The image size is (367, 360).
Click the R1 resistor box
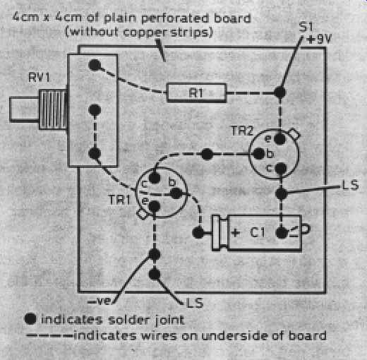coord(196,93)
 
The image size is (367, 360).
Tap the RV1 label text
coord(39,78)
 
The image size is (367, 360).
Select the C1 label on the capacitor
coord(257,232)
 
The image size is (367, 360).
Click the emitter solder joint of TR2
coord(280,139)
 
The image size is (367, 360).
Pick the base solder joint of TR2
coord(260,154)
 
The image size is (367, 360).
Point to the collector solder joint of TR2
coord(281,168)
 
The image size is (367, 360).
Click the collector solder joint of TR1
coord(155,178)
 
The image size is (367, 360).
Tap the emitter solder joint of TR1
coord(155,207)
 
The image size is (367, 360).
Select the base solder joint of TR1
coord(176,193)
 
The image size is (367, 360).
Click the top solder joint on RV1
coord(95,65)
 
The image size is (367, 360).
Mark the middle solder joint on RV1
coord(95,109)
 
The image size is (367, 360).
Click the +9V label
coord(319,39)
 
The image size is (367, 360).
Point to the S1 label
coord(306,27)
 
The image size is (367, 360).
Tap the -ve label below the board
coord(99,301)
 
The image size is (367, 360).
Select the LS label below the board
coord(195,303)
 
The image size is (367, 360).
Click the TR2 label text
coord(242,131)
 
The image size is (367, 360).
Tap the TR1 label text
coord(119,200)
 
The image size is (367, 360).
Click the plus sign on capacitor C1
coord(236,233)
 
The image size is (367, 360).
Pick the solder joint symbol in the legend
coord(30,319)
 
